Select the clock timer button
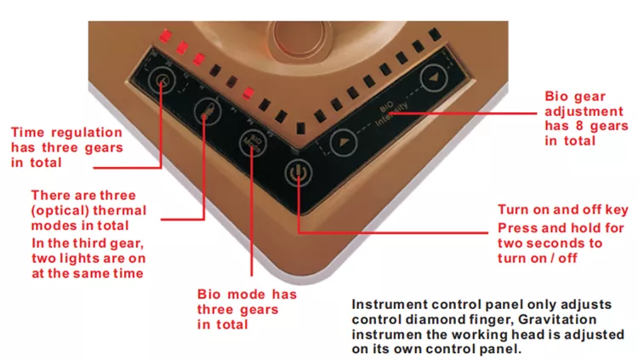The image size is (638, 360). click(159, 81)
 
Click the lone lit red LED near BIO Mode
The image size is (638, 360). click(248, 93)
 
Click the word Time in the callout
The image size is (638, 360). click(27, 132)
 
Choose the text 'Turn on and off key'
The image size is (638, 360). click(561, 211)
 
